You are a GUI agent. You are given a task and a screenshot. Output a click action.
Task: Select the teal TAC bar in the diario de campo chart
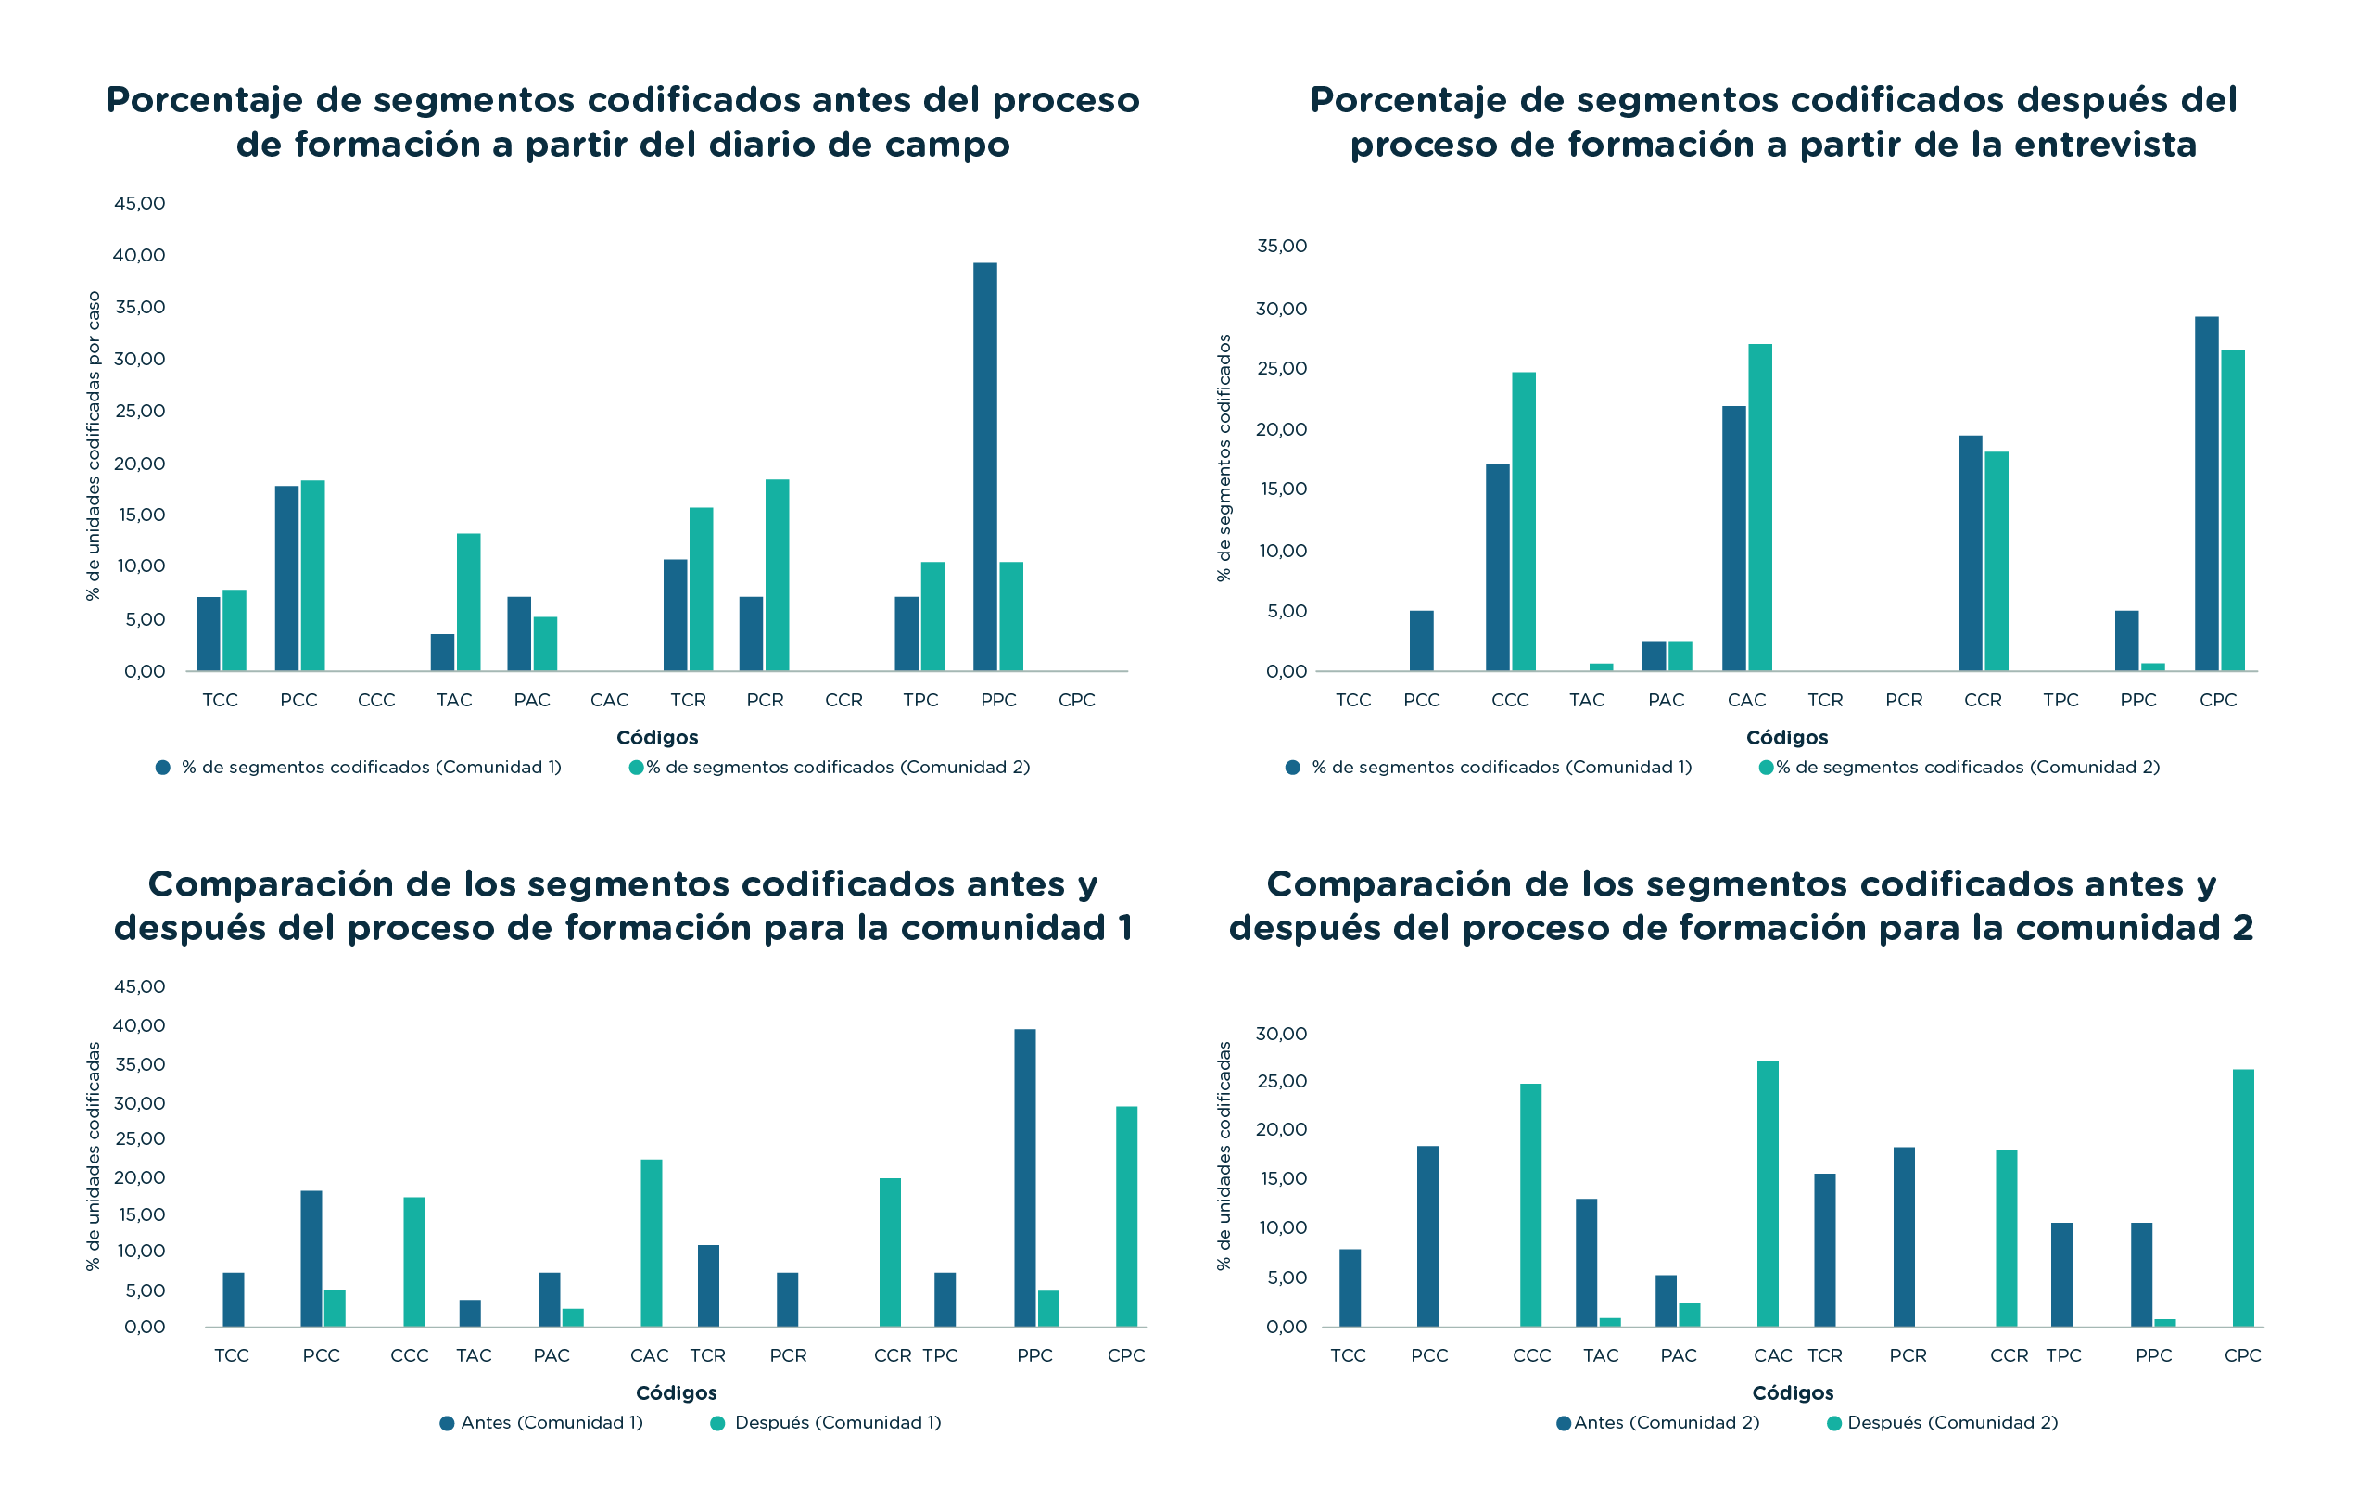469,602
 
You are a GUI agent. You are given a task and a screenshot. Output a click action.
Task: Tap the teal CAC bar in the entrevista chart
1759,507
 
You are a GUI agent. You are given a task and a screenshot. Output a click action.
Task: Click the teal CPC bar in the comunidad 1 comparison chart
1126,1216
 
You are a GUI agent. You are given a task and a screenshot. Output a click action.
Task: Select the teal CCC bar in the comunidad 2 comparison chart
1530,1206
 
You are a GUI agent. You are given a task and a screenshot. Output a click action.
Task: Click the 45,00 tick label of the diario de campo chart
140,204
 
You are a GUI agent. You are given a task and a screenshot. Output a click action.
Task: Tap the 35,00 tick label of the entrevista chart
1282,246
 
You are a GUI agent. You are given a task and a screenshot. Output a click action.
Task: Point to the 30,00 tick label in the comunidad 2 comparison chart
1282,1034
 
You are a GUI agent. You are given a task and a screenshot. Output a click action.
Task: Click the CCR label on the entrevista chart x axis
1983,700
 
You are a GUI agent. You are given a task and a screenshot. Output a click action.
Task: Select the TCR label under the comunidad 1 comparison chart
708,1355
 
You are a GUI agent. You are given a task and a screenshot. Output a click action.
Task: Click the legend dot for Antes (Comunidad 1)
448,1423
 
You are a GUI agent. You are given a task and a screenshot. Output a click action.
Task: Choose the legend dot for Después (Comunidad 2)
1834,1423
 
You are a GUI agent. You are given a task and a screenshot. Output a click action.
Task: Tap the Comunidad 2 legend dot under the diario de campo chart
636,767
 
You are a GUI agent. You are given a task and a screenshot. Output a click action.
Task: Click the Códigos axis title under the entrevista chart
1787,738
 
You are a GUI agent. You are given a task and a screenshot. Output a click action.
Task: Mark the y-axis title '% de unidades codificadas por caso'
94,446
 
